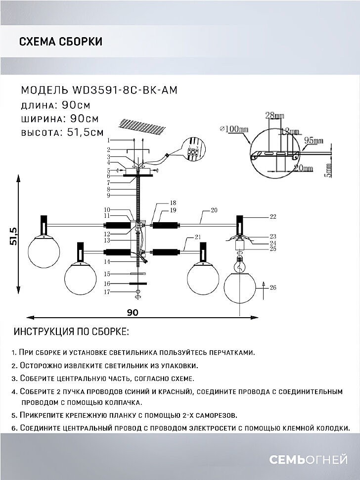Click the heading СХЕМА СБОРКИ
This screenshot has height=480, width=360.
pyautogui.click(x=61, y=42)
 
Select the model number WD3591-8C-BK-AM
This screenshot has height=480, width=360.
pyautogui.click(x=125, y=91)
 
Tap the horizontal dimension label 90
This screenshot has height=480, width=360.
pyautogui.click(x=133, y=312)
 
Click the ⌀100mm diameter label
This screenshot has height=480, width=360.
pyautogui.click(x=234, y=129)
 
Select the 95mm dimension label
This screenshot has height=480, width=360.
pyautogui.click(x=313, y=141)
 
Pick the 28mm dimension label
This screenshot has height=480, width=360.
pyautogui.click(x=275, y=116)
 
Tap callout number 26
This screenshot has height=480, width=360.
pyautogui.click(x=273, y=287)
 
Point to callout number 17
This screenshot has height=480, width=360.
pyautogui.click(x=107, y=292)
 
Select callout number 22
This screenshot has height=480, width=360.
pyautogui.click(x=272, y=217)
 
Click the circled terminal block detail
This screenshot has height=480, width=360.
pyautogui.click(x=194, y=149)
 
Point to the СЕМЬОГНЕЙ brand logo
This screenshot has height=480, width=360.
pyautogui.click(x=308, y=460)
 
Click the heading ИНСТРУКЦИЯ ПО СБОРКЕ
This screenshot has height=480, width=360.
pyautogui.click(x=71, y=331)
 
